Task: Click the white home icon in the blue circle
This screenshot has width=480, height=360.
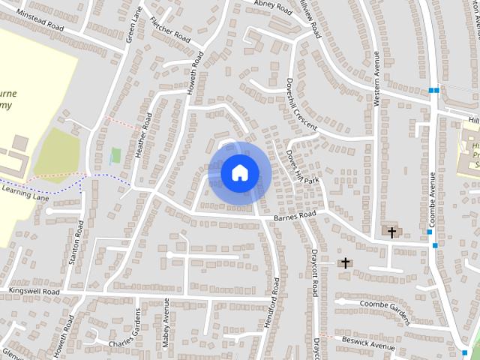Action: pyautogui.click(x=239, y=172)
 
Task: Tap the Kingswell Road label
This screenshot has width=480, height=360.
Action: pyautogui.click(x=34, y=290)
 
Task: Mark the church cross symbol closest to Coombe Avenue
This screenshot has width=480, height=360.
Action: pyautogui.click(x=391, y=232)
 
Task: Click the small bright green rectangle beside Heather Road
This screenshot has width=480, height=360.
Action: pyautogui.click(x=115, y=156)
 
